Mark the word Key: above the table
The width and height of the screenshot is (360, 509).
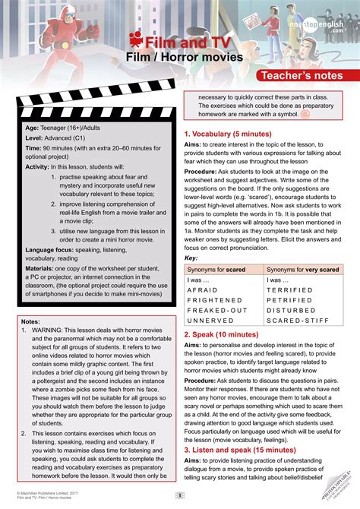(x=191, y=258)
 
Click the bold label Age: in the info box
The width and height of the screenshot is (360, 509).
(x=33, y=128)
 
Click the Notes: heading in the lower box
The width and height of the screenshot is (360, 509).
(x=31, y=321)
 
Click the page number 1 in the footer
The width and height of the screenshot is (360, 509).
(x=179, y=496)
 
